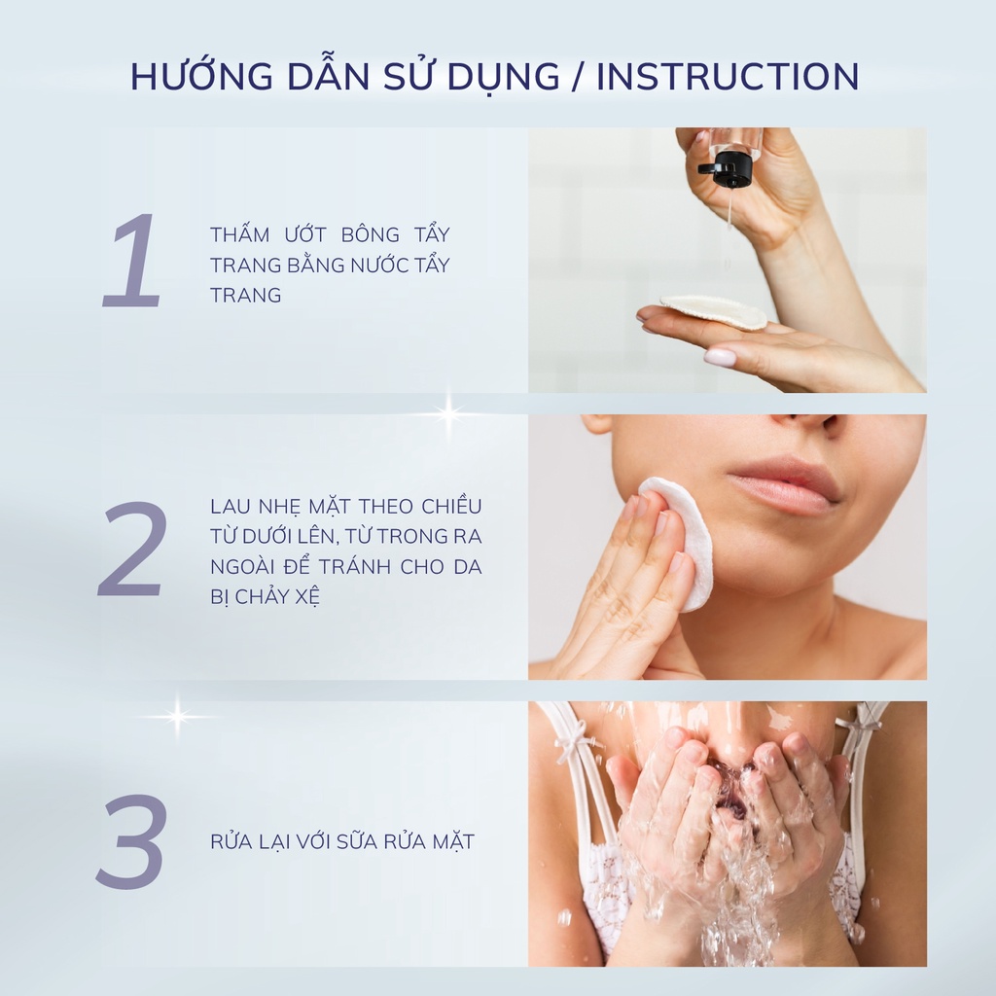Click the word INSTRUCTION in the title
pos(728,77)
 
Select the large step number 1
pos(132,261)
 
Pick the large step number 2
pos(132,549)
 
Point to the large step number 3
pos(132,841)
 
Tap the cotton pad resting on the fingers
pos(715,312)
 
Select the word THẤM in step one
pos(241,235)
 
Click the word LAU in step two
pos(228,507)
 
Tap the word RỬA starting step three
pos(230,842)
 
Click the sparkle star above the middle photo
pos(448,413)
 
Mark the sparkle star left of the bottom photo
pos(177,718)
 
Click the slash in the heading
pos(580,78)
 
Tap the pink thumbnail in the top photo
pos(720,358)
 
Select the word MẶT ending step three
pos(453,842)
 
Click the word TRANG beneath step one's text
pos(245,296)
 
